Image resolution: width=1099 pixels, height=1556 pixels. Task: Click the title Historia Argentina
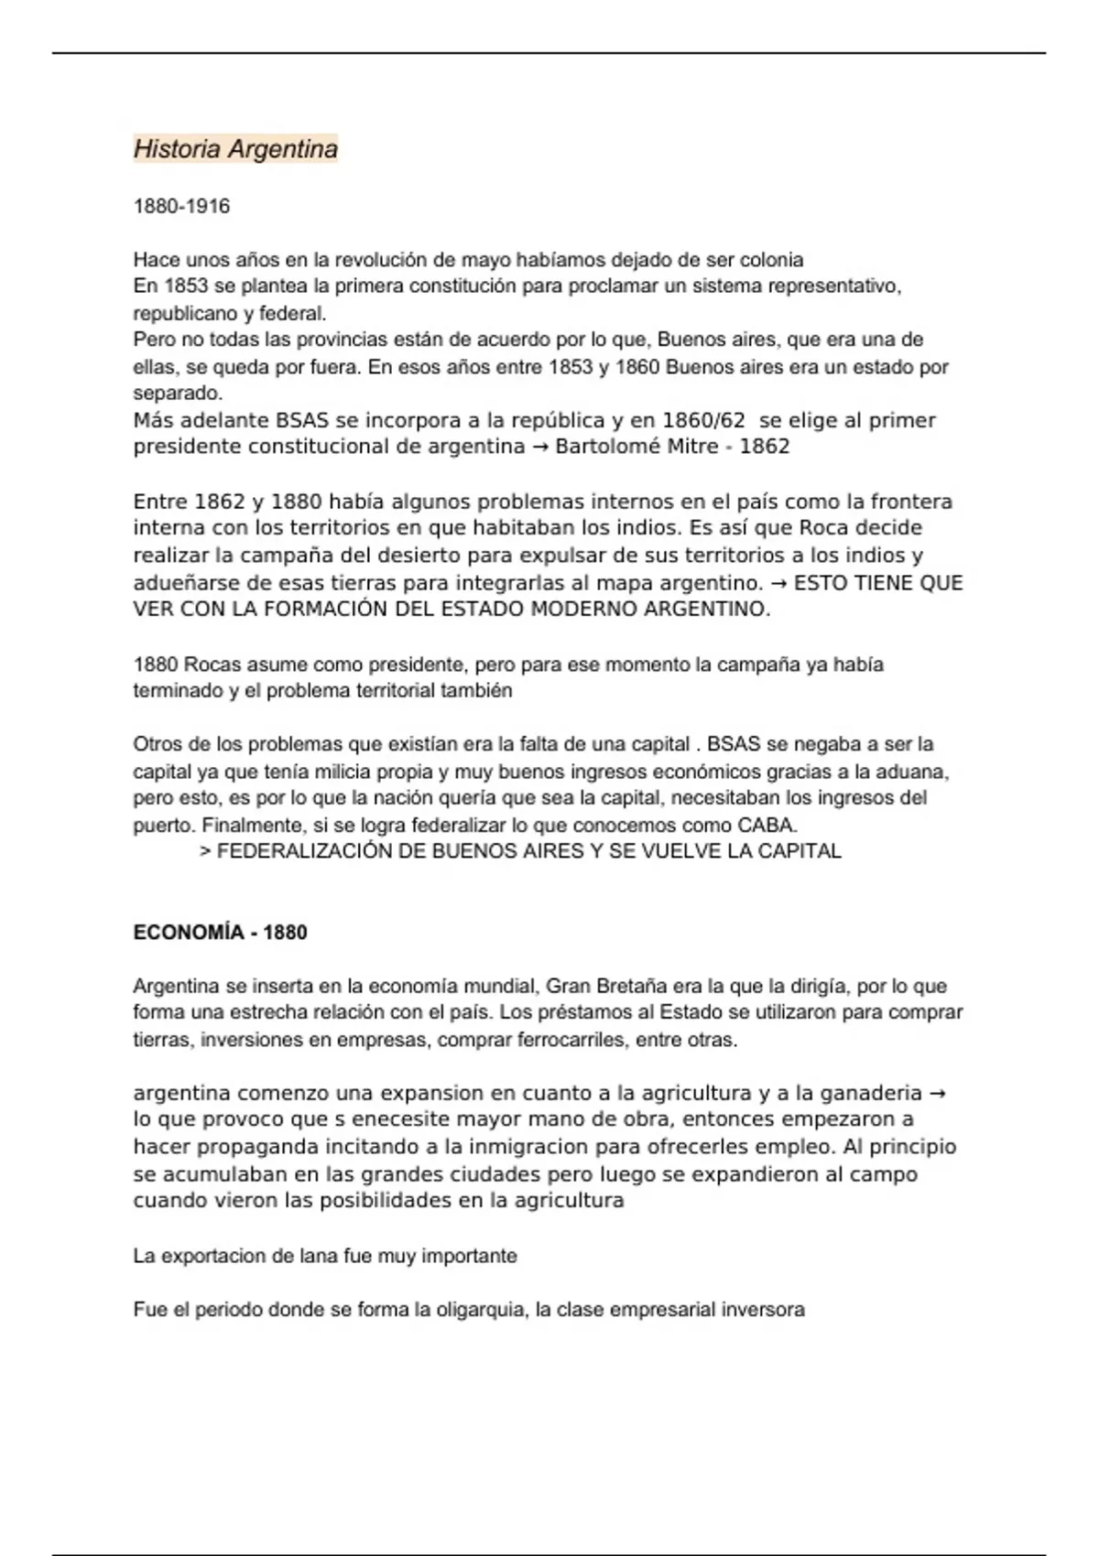pyautogui.click(x=235, y=148)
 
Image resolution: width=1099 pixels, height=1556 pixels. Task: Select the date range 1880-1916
pyautogui.click(x=181, y=206)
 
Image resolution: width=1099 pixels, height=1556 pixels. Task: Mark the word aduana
pyautogui.click(x=916, y=772)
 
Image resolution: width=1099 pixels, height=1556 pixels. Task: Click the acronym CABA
pyautogui.click(x=767, y=825)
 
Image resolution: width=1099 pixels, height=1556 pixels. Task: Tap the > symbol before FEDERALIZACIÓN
pyautogui.click(x=205, y=851)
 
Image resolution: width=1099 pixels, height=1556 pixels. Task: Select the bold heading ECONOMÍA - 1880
pyautogui.click(x=220, y=933)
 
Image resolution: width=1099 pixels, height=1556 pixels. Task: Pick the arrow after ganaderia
pyautogui.click(x=937, y=1093)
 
